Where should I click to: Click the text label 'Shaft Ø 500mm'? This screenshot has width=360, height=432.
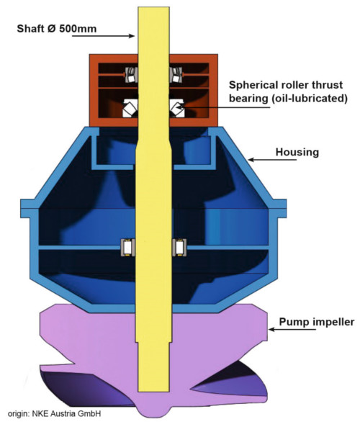point(57,29)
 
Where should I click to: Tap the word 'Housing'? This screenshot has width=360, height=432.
point(297,152)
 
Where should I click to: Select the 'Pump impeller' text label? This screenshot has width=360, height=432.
point(317,322)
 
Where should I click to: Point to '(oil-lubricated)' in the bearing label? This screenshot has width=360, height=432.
point(308,99)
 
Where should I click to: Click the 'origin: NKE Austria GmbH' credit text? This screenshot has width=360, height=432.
point(54,413)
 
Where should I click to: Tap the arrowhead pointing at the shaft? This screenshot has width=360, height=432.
point(132,36)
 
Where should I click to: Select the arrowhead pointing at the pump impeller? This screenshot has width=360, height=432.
point(271,329)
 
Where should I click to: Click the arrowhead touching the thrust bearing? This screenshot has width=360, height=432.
point(179,107)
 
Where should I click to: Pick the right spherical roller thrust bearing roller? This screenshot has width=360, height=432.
point(177,108)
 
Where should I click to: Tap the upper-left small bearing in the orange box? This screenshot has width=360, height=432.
point(131,75)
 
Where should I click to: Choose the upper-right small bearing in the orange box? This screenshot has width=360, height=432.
point(176,75)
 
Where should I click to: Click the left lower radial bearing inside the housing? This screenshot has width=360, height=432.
point(128,248)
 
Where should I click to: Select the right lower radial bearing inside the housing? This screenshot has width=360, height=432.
point(179,248)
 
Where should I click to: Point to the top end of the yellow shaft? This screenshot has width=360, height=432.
point(153,8)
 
